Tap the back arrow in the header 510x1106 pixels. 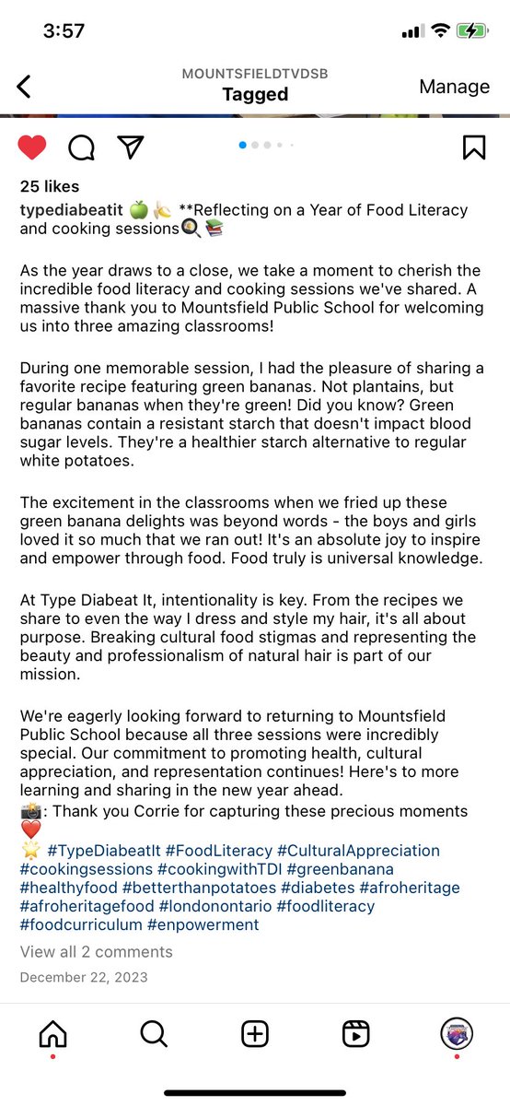click(24, 87)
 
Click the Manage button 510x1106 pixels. click(454, 87)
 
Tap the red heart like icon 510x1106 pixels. click(32, 147)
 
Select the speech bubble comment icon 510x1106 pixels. click(81, 147)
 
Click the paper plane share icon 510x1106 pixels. click(130, 147)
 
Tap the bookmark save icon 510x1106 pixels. click(473, 147)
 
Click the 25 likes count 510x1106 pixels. click(50, 187)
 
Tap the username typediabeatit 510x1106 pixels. click(70, 210)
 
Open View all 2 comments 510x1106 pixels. click(96, 952)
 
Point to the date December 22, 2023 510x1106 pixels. click(83, 977)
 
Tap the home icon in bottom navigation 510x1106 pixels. click(52, 1034)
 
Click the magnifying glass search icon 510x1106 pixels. click(153, 1034)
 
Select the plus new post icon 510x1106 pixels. click(255, 1034)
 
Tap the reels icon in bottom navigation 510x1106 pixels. click(355, 1034)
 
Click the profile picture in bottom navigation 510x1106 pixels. click(457, 1034)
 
